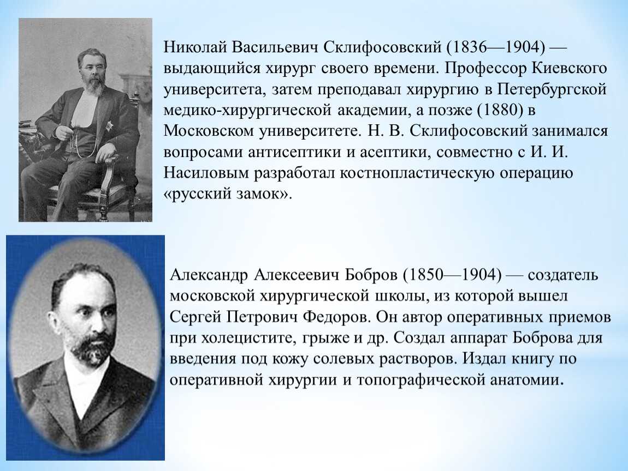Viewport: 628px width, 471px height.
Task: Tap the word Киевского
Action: pyautogui.click(x=569, y=68)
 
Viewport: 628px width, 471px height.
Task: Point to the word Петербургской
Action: pyautogui.click(x=552, y=89)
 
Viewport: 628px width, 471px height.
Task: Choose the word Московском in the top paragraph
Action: pyautogui.click(x=209, y=131)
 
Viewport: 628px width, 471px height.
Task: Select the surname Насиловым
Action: pyautogui.click(x=208, y=173)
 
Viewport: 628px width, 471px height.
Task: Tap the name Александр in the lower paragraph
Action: pyautogui.click(x=208, y=275)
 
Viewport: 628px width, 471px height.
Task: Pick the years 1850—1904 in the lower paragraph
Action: pyautogui.click(x=453, y=275)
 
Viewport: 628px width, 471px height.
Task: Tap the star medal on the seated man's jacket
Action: pyautogui.click(x=109, y=125)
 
